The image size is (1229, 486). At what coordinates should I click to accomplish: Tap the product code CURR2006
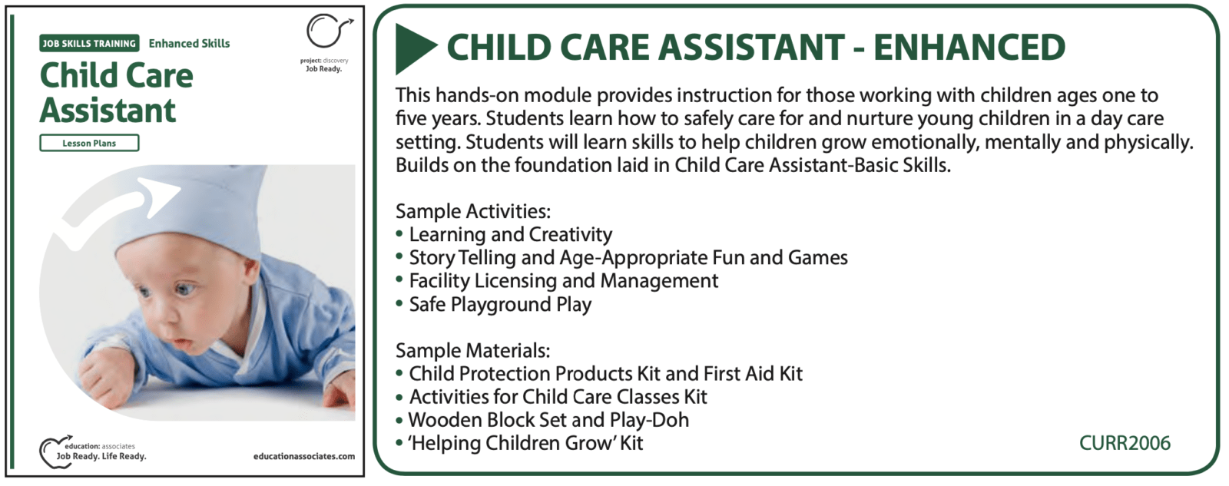click(1125, 443)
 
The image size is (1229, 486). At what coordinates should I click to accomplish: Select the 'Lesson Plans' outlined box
click(89, 143)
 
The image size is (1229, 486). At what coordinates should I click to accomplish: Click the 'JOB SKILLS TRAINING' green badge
click(89, 43)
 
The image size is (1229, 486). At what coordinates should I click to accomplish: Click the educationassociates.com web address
click(304, 456)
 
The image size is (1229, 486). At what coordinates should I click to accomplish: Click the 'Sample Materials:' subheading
click(472, 351)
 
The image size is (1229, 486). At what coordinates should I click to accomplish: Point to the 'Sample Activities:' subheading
click(473, 211)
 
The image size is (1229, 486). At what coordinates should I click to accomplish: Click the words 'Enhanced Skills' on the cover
click(189, 43)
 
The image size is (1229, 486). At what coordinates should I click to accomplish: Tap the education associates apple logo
click(55, 452)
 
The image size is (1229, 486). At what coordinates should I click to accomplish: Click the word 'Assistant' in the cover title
click(108, 111)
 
